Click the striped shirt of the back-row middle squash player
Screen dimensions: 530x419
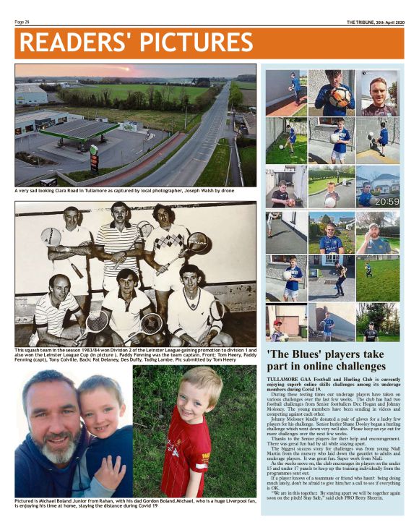point(117,242)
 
